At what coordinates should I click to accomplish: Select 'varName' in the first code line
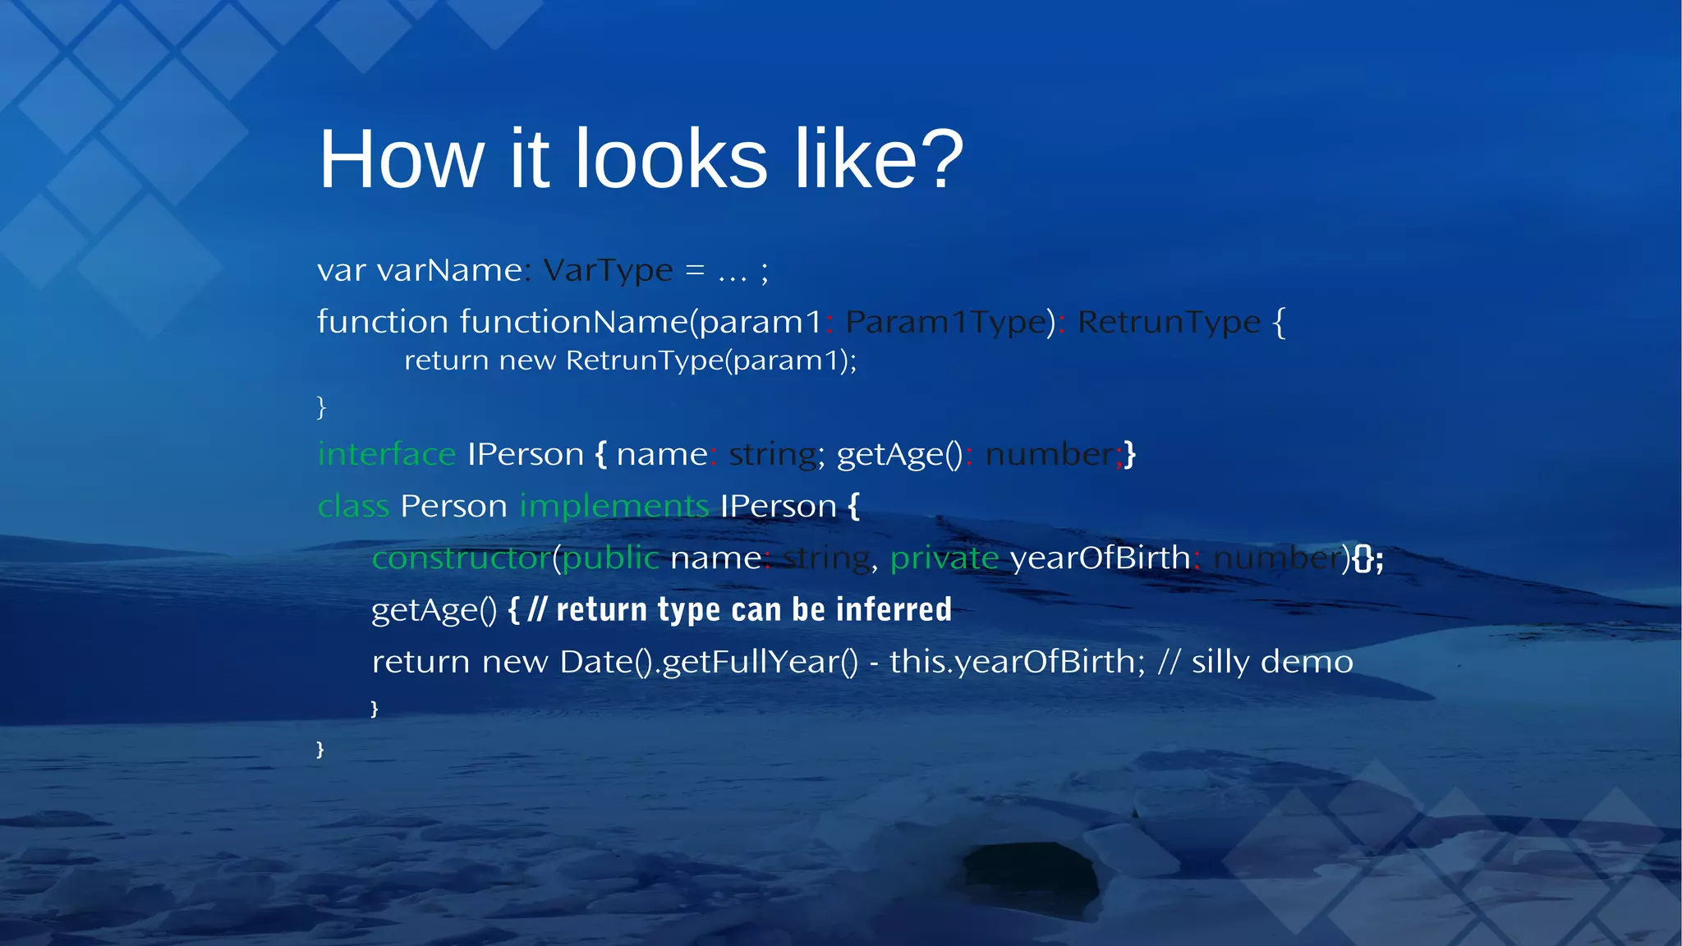[x=449, y=270]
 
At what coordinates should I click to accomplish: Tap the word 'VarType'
[x=608, y=270]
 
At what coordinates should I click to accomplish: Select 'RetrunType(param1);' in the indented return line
[x=710, y=360]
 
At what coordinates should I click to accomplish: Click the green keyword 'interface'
[x=386, y=454]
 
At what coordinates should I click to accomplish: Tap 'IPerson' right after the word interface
[x=526, y=454]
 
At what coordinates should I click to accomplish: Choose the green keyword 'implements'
[x=614, y=507]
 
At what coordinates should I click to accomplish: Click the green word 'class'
[x=353, y=507]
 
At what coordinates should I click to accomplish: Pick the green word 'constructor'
[x=461, y=558]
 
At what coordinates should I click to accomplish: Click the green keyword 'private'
[x=944, y=558]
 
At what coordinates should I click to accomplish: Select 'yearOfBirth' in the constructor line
[x=1100, y=558]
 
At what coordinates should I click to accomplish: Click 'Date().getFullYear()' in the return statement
[x=708, y=662]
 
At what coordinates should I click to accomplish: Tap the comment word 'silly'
[x=1220, y=662]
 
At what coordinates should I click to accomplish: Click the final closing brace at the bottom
[x=320, y=749]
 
